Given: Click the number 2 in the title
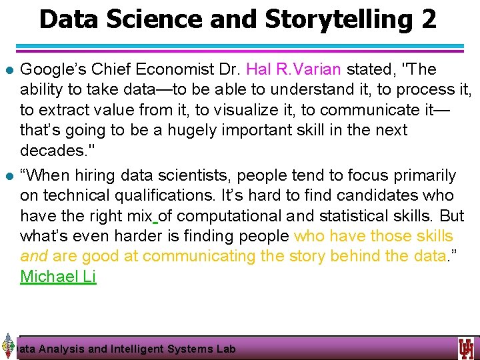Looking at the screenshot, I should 429,19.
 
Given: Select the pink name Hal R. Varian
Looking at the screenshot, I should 294,69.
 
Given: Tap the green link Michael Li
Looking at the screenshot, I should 58,276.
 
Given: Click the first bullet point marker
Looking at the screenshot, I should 8,70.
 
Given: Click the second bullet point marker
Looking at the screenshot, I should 8,177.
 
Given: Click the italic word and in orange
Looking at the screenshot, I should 33,256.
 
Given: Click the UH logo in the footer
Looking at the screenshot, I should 465,348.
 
